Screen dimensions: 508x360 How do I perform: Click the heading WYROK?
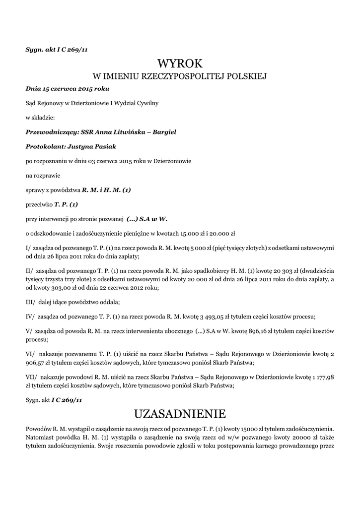click(180, 63)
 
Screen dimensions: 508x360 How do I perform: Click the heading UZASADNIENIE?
click(180, 413)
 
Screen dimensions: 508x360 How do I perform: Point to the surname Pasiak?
click(104, 147)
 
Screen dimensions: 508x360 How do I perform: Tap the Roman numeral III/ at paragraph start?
click(30, 302)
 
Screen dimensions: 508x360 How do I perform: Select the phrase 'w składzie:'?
click(40, 118)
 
